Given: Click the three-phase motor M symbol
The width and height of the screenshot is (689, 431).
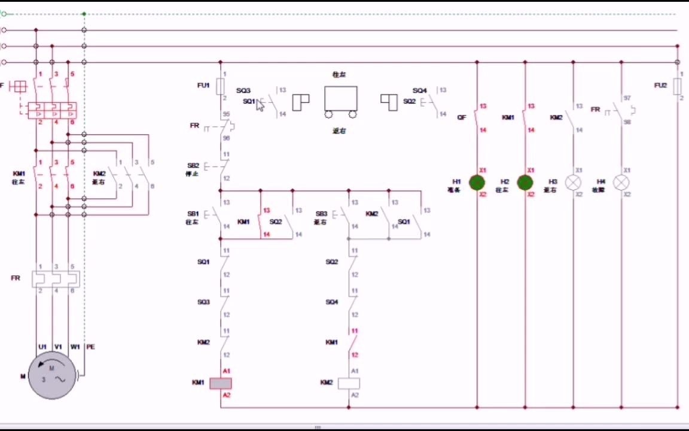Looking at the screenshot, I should pyautogui.click(x=52, y=375).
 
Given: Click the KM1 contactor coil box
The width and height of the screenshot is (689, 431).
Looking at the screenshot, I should pyautogui.click(x=220, y=383).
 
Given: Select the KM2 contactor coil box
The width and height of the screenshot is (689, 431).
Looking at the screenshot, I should pyautogui.click(x=349, y=383).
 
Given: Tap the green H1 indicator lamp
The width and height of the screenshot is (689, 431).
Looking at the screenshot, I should pyautogui.click(x=477, y=183).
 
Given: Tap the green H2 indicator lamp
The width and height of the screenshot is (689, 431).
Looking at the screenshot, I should pyautogui.click(x=525, y=183).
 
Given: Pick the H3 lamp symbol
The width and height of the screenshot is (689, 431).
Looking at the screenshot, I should pyautogui.click(x=573, y=183).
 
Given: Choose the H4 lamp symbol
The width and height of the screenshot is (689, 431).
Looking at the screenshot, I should pyautogui.click(x=621, y=183).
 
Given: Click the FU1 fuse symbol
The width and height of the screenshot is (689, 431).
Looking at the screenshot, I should pyautogui.click(x=220, y=86).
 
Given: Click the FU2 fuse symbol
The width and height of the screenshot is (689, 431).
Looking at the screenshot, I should pyautogui.click(x=677, y=86).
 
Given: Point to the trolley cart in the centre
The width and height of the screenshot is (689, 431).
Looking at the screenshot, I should pyautogui.click(x=341, y=101).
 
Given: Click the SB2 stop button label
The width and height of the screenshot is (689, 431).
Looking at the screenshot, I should pyautogui.click(x=193, y=165).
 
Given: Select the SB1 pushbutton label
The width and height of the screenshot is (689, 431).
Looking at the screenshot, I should pyautogui.click(x=193, y=214).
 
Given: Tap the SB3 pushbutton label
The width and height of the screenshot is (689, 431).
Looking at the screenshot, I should pyautogui.click(x=321, y=214).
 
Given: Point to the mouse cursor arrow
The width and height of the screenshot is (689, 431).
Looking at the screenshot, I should pyautogui.click(x=260, y=105).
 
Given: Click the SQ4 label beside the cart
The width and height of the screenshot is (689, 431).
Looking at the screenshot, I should pyautogui.click(x=419, y=91).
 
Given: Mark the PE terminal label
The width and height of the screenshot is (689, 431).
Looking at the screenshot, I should pyautogui.click(x=90, y=347).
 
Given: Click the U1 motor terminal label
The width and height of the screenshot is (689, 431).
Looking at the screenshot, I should pyautogui.click(x=42, y=347).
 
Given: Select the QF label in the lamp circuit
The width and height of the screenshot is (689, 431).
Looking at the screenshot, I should pyautogui.click(x=461, y=118).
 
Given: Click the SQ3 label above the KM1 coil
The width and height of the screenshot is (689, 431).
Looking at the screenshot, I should pyautogui.click(x=203, y=302).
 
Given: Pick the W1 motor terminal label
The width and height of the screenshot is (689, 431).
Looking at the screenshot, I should pyautogui.click(x=75, y=347).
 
